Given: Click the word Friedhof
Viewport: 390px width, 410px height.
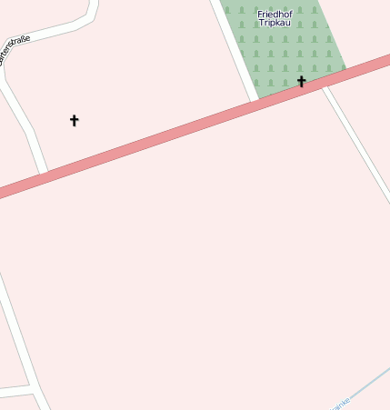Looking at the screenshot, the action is (x=275, y=14).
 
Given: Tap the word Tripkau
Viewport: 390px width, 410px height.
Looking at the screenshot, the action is (x=275, y=23).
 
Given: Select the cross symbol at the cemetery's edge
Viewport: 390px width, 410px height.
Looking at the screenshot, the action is (x=301, y=82).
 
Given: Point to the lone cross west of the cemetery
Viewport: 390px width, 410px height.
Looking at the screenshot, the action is (x=75, y=120).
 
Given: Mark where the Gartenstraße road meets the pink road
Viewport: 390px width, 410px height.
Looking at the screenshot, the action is (x=43, y=172).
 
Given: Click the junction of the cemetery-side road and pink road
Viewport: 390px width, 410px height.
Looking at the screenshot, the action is (x=255, y=101).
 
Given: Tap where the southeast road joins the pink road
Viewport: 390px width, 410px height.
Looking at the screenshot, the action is (x=328, y=85).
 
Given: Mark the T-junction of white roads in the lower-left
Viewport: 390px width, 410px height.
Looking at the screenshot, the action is (x=35, y=389).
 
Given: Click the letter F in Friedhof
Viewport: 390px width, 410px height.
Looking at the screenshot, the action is (x=261, y=14).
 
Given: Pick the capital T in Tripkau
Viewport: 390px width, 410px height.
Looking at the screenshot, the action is (x=262, y=23).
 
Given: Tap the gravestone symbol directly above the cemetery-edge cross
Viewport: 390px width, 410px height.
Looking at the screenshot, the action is (x=301, y=65).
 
